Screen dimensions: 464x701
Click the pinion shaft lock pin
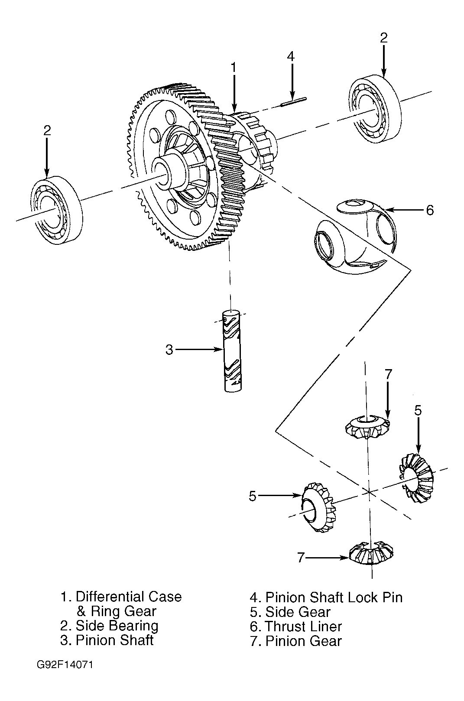pos(293,102)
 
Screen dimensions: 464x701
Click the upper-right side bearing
pos(375,109)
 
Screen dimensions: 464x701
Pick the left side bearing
pos(56,210)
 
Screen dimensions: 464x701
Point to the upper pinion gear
pos(368,427)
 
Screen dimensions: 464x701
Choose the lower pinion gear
pos(371,553)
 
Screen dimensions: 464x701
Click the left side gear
pos(318,507)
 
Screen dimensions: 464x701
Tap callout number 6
pos(430,210)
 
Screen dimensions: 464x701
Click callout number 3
pos(169,350)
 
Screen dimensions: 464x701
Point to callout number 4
pos(291,56)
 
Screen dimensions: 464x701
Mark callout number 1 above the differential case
pos(233,67)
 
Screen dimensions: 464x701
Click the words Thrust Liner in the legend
pos(304,626)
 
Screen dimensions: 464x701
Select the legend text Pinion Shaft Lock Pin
pos(334,597)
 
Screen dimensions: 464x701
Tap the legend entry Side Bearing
pos(117,626)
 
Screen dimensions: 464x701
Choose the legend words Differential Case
pos(129,597)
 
